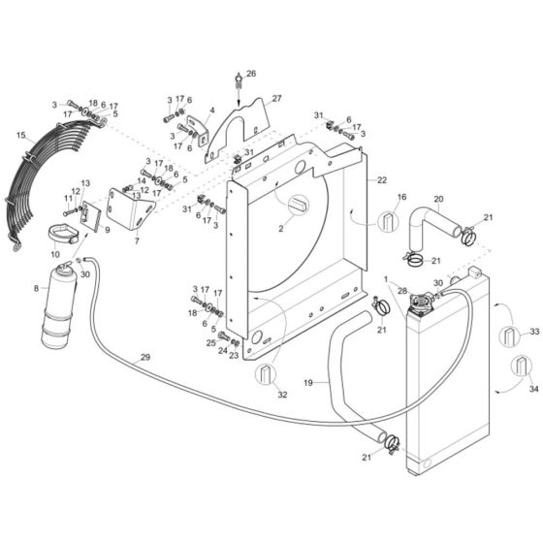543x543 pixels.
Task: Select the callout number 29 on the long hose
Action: [x=144, y=359]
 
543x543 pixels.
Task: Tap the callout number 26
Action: [x=251, y=74]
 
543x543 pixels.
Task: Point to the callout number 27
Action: [x=276, y=99]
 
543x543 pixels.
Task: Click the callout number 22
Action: [x=382, y=180]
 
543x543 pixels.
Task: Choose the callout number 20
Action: [x=438, y=201]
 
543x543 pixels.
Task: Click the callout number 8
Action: [x=38, y=288]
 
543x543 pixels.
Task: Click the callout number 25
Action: [x=211, y=342]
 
